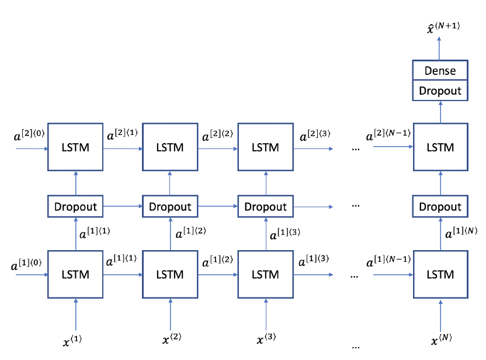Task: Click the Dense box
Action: pyautogui.click(x=440, y=70)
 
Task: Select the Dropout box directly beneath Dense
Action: pyautogui.click(x=440, y=91)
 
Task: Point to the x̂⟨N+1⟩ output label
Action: pyautogui.click(x=443, y=27)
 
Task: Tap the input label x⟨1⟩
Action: pyautogui.click(x=72, y=341)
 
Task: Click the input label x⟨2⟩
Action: pyautogui.click(x=172, y=338)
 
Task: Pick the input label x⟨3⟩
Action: pyautogui.click(x=266, y=338)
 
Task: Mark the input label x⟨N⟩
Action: pyautogui.click(x=442, y=339)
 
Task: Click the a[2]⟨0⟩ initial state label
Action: pyautogui.click(x=29, y=135)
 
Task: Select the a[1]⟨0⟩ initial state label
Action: pyautogui.click(x=26, y=264)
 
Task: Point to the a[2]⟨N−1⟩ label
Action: pyautogui.click(x=388, y=135)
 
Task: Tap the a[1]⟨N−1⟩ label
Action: pyautogui.click(x=388, y=261)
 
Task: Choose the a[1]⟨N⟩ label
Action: pyautogui.click(x=461, y=233)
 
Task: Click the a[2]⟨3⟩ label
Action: pyautogui.click(x=315, y=135)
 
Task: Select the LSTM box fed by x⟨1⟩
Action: pyautogui.click(x=75, y=275)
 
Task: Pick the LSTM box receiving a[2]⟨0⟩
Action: pyautogui.click(x=75, y=147)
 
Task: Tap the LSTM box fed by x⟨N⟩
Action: pyautogui.click(x=440, y=275)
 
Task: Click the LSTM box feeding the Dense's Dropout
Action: pyautogui.click(x=440, y=147)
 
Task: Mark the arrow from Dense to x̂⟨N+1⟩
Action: pyautogui.click(x=439, y=49)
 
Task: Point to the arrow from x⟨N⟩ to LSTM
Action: pyautogui.click(x=440, y=315)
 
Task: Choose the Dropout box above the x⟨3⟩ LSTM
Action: pyautogui.click(x=266, y=206)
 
